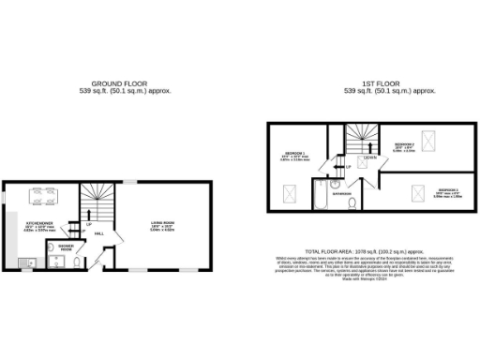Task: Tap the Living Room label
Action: pos(165,223)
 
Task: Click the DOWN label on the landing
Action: pos(370,157)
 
